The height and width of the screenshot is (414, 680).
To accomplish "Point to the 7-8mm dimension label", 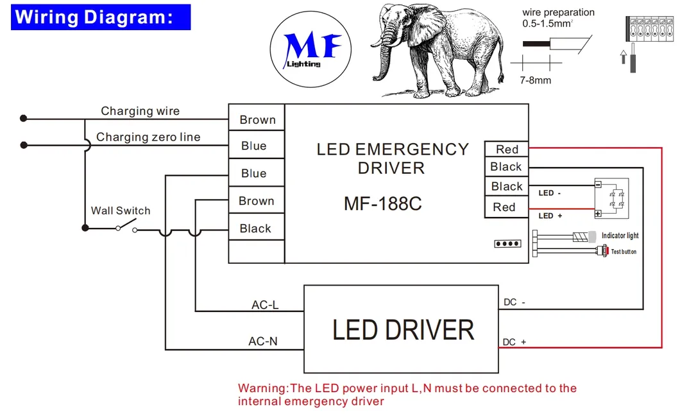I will (535, 80).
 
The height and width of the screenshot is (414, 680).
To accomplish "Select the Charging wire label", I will (140, 111).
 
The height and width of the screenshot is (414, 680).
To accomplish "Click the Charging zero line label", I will (148, 137).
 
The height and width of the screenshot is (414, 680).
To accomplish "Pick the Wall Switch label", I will (121, 211).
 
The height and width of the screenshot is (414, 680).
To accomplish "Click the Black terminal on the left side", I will (255, 229).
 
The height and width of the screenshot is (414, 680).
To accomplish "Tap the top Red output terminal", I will (506, 149).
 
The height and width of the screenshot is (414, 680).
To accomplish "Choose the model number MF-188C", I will (383, 203).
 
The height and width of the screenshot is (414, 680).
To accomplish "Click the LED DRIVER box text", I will (403, 330).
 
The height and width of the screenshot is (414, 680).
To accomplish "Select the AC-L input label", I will (265, 305).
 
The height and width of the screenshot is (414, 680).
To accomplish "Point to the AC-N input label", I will (263, 341).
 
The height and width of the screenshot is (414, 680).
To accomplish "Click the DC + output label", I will (514, 342).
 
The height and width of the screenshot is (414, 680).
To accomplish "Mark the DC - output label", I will (514, 302).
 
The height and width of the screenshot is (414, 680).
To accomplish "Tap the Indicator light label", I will (620, 236).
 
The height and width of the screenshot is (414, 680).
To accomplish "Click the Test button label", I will (624, 252).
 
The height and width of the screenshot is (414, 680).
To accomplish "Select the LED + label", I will (550, 216).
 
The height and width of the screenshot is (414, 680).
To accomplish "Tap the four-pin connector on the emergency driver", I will (507, 244).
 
